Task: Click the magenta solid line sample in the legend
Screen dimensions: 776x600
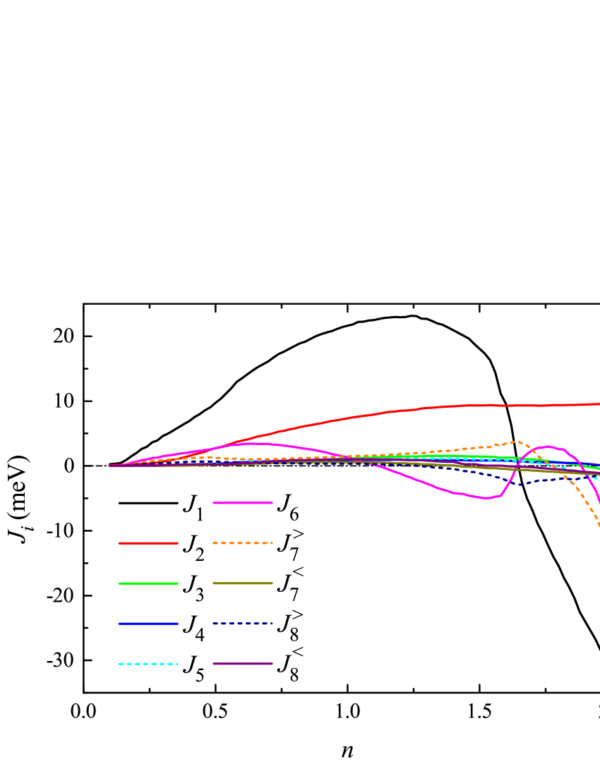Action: [243, 503]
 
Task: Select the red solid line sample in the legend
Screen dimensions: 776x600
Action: [148, 543]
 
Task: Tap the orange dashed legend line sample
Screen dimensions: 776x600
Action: [243, 543]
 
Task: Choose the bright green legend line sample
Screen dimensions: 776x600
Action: [148, 583]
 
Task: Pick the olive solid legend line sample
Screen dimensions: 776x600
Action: [243, 583]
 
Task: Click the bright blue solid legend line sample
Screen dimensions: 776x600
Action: [148, 624]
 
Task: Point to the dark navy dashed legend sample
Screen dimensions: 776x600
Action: [243, 624]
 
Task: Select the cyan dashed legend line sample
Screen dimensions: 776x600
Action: [148, 664]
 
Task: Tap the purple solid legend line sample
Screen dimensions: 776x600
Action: [243, 664]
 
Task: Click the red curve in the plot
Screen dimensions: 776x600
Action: [353, 417]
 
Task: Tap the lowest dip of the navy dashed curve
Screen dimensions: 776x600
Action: [521, 485]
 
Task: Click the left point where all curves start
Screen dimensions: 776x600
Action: [111, 466]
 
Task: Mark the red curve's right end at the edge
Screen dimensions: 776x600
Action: [598, 404]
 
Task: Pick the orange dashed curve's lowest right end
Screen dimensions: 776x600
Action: [599, 525]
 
